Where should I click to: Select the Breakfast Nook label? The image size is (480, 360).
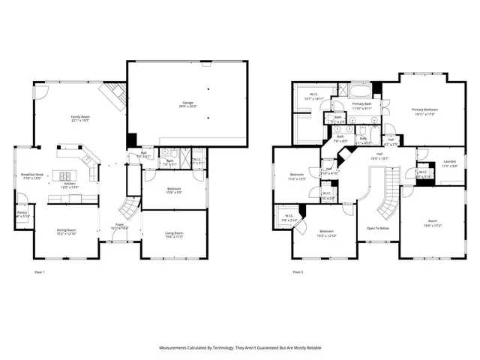(x=33, y=174)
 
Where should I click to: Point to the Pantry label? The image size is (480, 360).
(x=22, y=213)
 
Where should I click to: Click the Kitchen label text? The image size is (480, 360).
(x=70, y=184)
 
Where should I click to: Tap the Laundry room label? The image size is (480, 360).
(x=449, y=162)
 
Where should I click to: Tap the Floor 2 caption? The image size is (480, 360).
(x=298, y=271)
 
